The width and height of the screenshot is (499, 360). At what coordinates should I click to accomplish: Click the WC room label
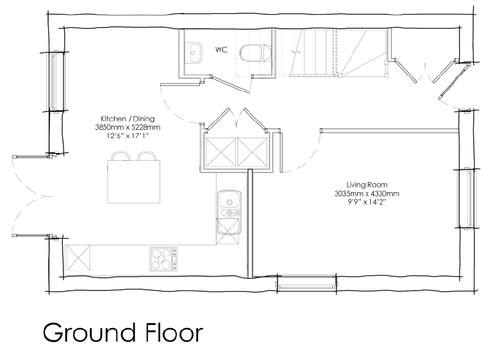coord(221,50)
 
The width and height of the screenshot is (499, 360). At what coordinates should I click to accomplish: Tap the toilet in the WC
coord(255,53)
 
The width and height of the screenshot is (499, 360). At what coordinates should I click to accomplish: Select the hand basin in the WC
coord(193,53)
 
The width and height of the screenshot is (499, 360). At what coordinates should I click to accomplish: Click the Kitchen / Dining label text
coord(128,119)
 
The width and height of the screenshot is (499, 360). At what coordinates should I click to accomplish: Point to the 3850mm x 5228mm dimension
coord(128,127)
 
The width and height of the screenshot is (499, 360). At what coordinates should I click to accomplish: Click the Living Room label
coord(367,185)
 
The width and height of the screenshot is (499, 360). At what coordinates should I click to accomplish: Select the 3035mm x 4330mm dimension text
coord(367,193)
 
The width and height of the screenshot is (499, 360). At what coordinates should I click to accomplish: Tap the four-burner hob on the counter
coord(164,259)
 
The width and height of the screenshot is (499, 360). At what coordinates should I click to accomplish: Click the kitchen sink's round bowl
coord(229,202)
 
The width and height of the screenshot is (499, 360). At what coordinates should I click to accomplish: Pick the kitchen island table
coord(134,181)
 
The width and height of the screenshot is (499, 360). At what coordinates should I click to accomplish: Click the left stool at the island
coord(120,156)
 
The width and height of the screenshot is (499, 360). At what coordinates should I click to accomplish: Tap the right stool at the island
coord(147,156)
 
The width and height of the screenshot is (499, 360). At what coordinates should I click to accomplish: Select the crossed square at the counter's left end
coord(78,258)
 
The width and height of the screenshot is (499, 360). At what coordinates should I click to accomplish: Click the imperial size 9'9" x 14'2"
coord(367,202)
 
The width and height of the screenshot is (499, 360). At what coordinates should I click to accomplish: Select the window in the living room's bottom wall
coord(307,283)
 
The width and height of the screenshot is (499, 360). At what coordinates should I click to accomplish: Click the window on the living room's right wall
coord(467,198)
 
